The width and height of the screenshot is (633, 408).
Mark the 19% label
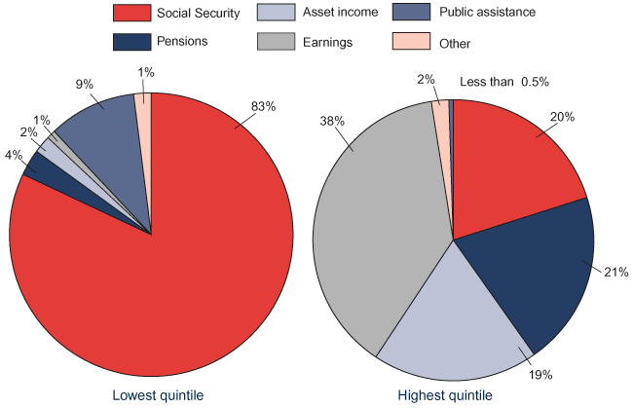(540, 374)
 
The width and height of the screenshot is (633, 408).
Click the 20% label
(562, 118)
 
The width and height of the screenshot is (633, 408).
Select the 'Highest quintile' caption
(445, 395)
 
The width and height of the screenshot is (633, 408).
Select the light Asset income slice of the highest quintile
(458, 321)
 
